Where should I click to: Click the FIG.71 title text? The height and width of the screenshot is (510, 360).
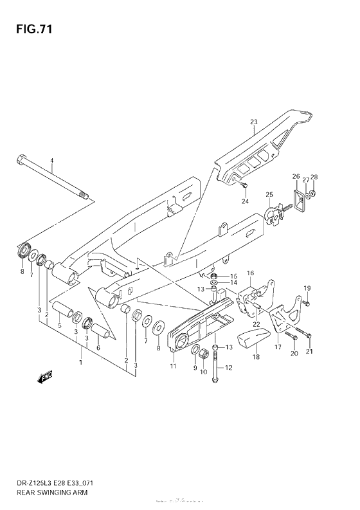[30, 30]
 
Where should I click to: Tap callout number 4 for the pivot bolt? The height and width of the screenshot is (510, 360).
[53, 161]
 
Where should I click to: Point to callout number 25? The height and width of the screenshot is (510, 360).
[269, 195]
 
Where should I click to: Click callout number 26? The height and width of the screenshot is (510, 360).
[296, 176]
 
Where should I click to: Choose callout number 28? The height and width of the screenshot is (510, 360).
[314, 177]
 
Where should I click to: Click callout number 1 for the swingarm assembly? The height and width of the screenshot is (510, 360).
[81, 363]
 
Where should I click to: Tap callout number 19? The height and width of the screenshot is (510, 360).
[307, 287]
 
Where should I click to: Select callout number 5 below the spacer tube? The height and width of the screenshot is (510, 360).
[59, 325]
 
